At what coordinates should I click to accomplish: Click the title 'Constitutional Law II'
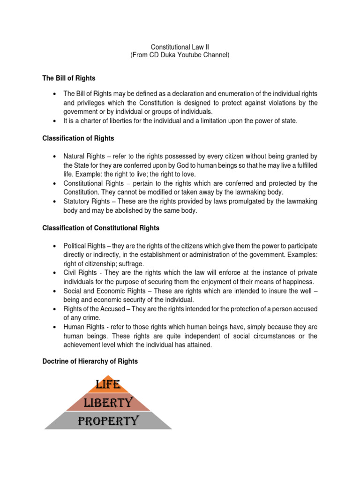click(x=180, y=47)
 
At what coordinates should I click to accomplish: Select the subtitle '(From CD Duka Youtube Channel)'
click(x=180, y=55)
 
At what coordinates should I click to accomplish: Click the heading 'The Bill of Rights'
click(x=69, y=78)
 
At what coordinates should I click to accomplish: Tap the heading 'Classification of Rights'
click(x=78, y=138)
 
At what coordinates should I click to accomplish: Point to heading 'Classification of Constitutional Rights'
click(x=101, y=228)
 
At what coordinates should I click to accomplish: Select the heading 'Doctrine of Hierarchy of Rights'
click(x=90, y=361)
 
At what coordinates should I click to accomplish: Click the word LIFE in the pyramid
click(x=108, y=385)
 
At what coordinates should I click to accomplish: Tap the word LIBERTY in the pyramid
click(x=108, y=402)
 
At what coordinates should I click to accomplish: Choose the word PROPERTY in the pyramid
click(x=108, y=420)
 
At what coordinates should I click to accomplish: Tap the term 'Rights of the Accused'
click(x=95, y=309)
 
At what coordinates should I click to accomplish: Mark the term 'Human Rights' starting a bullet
click(x=82, y=327)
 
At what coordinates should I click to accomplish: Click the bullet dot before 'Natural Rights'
click(x=55, y=156)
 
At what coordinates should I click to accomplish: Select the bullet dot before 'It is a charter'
click(x=55, y=120)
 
